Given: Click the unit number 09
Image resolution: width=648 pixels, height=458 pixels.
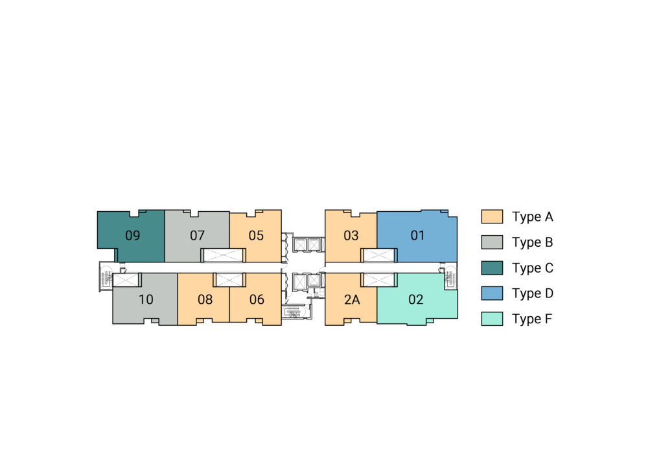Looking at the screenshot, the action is click(133, 235).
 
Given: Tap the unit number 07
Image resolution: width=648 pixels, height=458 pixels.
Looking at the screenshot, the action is click(197, 235).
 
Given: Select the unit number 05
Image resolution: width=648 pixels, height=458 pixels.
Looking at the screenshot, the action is click(256, 235).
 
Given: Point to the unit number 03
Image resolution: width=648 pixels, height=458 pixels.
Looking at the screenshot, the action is click(351, 235).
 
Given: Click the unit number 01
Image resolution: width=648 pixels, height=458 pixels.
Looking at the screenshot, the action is click(417, 235).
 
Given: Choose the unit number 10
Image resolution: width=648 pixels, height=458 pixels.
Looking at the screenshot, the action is click(146, 299).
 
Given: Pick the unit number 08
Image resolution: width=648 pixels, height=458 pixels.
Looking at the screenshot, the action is click(205, 299).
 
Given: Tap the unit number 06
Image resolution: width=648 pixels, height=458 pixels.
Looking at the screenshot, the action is click(257, 299).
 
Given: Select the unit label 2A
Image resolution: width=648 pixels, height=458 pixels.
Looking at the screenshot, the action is click(352, 299).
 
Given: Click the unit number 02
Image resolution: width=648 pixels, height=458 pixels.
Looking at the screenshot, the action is click(416, 299).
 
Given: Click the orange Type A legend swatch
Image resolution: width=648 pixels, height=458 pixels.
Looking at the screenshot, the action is click(492, 217).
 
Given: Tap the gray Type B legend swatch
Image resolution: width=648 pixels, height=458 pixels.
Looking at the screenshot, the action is click(492, 242).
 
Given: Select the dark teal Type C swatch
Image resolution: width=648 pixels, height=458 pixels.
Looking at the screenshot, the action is click(492, 268).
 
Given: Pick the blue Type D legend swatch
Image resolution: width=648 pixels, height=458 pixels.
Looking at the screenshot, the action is click(492, 293).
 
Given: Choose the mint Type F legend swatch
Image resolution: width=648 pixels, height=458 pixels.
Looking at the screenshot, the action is click(492, 319).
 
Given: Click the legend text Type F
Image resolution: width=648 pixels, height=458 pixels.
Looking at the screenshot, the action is click(532, 319).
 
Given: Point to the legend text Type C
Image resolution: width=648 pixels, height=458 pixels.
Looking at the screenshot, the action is click(533, 268).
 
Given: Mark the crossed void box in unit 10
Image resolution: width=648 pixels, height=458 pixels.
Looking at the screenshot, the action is click(126, 280).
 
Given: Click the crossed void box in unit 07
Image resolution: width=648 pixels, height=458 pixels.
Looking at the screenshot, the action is click(223, 255).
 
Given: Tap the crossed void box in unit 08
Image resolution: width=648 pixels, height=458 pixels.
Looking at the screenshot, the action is click(229, 280).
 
